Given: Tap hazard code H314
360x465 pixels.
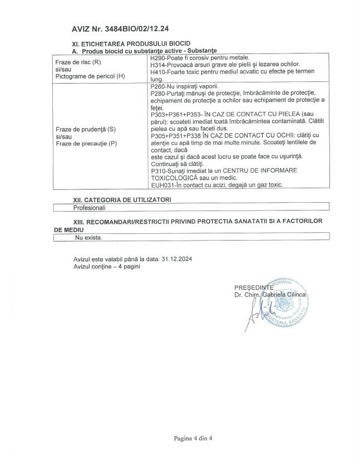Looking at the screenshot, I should coord(159,65).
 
